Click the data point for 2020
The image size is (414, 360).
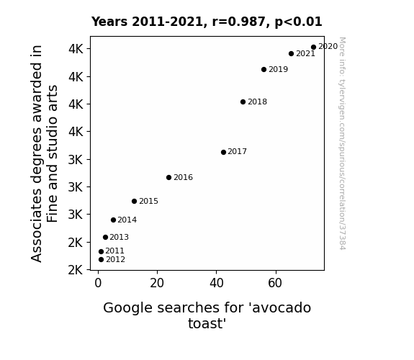click(x=313, y=48)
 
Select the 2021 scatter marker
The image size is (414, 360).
click(x=291, y=53)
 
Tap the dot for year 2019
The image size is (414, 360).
click(x=264, y=69)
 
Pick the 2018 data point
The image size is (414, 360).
click(x=243, y=102)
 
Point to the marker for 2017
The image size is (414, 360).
click(x=223, y=152)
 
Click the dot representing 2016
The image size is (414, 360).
click(x=168, y=178)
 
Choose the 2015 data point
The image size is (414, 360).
click(x=134, y=202)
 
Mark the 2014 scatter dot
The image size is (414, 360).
click(x=113, y=220)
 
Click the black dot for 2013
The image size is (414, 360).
click(x=105, y=237)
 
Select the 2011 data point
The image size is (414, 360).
click(x=101, y=251)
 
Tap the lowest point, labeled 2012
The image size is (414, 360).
click(x=101, y=260)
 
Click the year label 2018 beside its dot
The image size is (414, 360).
click(x=258, y=102)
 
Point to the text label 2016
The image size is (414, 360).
click(x=183, y=177)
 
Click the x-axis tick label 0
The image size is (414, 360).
click(x=98, y=283)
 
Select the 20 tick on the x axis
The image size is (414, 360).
click(x=157, y=283)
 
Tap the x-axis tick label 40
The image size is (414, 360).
click(x=217, y=283)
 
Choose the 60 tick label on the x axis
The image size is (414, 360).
click(x=275, y=283)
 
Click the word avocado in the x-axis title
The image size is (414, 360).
click(x=282, y=308)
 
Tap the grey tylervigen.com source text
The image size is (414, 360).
click(x=342, y=143)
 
